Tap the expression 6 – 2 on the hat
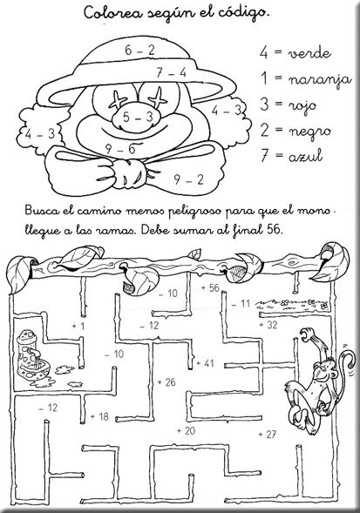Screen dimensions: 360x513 [x=139, y=50]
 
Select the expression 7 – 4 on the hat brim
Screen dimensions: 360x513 [x=171, y=72]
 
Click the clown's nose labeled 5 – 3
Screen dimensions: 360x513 [x=138, y=116]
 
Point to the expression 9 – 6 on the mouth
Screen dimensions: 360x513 [x=120, y=149]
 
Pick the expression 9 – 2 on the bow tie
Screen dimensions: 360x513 [x=188, y=179]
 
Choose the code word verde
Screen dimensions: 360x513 [x=309, y=53]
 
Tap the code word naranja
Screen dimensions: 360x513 [x=320, y=79]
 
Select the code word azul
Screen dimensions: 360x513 [x=305, y=156]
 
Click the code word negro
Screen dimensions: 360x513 [x=309, y=132]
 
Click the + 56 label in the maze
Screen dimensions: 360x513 [x=210, y=288]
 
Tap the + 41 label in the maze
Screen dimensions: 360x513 [x=205, y=363]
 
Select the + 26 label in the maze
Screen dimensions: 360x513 [x=166, y=381]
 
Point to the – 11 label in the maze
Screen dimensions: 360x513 [x=241, y=304]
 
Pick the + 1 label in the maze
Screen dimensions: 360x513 [x=78, y=326]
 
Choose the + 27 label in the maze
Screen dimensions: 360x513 [x=268, y=434]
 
